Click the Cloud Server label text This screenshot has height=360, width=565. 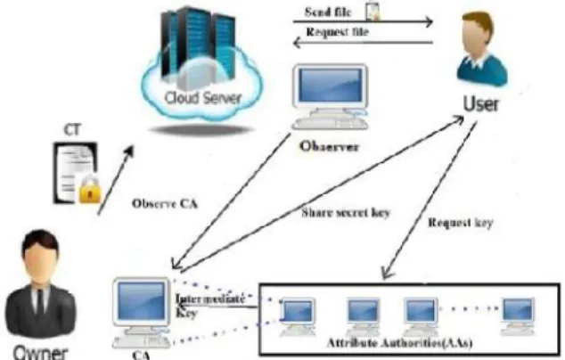click(202, 98)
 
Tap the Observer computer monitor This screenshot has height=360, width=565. click(331, 86)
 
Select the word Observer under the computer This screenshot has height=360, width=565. click(330, 146)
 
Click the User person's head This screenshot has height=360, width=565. click(477, 33)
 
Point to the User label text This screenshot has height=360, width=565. click(480, 103)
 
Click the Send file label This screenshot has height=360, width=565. click(328, 12)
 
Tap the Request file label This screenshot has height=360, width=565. click(337, 32)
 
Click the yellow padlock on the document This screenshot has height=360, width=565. click(89, 191)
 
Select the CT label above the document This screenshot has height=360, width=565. click(72, 130)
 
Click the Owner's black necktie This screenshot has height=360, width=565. click(41, 302)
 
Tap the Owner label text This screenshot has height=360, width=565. click(40, 353)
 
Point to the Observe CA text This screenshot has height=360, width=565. click(165, 203)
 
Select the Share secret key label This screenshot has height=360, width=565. click(346, 213)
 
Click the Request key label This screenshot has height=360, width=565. click(460, 223)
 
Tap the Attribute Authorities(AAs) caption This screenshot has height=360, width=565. click(399, 342)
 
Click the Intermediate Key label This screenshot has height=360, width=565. click(210, 306)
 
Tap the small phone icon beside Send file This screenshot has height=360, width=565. click(373, 11)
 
